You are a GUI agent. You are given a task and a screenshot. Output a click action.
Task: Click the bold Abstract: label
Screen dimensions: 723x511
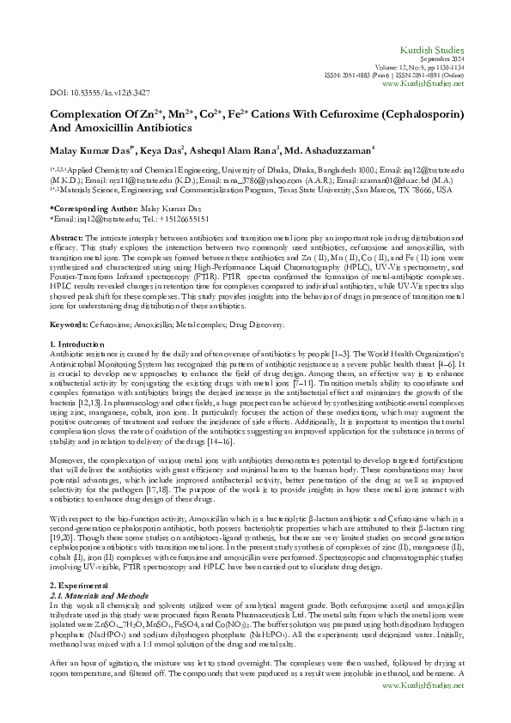coord(67,236)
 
